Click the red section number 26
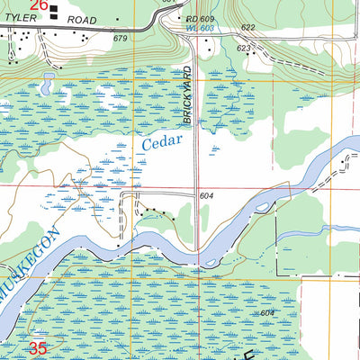(x=39, y=5)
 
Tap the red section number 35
(x=37, y=347)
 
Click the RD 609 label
(x=201, y=19)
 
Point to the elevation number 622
(x=248, y=29)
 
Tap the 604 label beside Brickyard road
(x=206, y=195)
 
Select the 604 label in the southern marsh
(x=265, y=312)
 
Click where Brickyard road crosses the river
(x=198, y=248)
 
